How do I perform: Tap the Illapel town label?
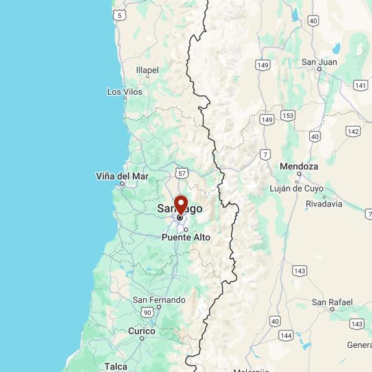point(147,70)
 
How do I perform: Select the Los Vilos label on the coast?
point(124,92)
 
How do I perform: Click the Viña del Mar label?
point(122,176)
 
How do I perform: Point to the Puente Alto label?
point(185,237)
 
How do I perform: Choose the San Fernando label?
point(159,300)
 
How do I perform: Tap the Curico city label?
point(141,332)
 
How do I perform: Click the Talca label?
point(116,366)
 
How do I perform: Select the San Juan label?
point(319,61)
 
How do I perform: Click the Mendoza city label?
point(299,166)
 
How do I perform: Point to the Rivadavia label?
point(324,203)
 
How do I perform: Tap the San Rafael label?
point(332,302)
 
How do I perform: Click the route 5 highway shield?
point(119,14)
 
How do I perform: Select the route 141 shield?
point(360,85)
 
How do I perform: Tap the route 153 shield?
point(288,116)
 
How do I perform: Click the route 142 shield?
point(353,131)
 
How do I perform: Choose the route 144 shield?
point(286,335)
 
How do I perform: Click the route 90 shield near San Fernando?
point(147,312)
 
